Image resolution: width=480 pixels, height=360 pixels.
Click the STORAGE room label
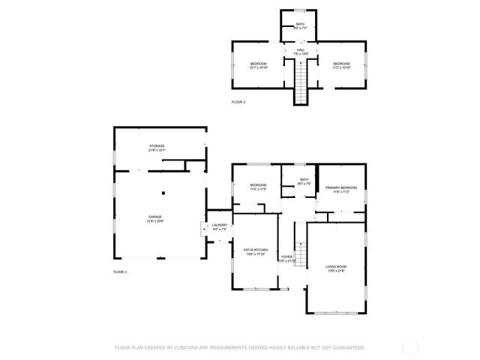coord(156,146)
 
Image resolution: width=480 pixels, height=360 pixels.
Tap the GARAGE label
coord(155,217)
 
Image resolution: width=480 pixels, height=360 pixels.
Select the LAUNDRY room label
coord(219,225)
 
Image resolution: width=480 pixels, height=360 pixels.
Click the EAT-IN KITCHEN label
coord(255,249)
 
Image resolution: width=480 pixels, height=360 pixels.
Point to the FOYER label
coord(286,257)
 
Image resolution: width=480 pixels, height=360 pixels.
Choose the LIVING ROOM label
coord(336,266)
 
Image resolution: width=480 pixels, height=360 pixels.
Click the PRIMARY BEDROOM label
coord(340,187)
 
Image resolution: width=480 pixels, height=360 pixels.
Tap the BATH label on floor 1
coord(304,179)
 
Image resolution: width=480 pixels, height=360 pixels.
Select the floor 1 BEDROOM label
coord(258,185)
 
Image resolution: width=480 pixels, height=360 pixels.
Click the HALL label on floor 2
coord(300,50)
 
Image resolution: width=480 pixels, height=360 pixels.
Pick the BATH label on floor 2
coord(300,25)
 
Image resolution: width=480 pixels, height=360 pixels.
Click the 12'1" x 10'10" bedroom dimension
coord(258,68)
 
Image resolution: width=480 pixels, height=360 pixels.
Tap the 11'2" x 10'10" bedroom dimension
coord(341,68)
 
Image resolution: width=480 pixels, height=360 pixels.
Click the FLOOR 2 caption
coord(238,102)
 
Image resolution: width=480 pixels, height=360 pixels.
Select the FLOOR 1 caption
coord(120,271)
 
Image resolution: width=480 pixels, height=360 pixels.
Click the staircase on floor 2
coord(300,84)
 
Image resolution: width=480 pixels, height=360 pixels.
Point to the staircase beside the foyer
coord(300,255)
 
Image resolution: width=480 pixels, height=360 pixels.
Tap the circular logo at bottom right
coord(410,347)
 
